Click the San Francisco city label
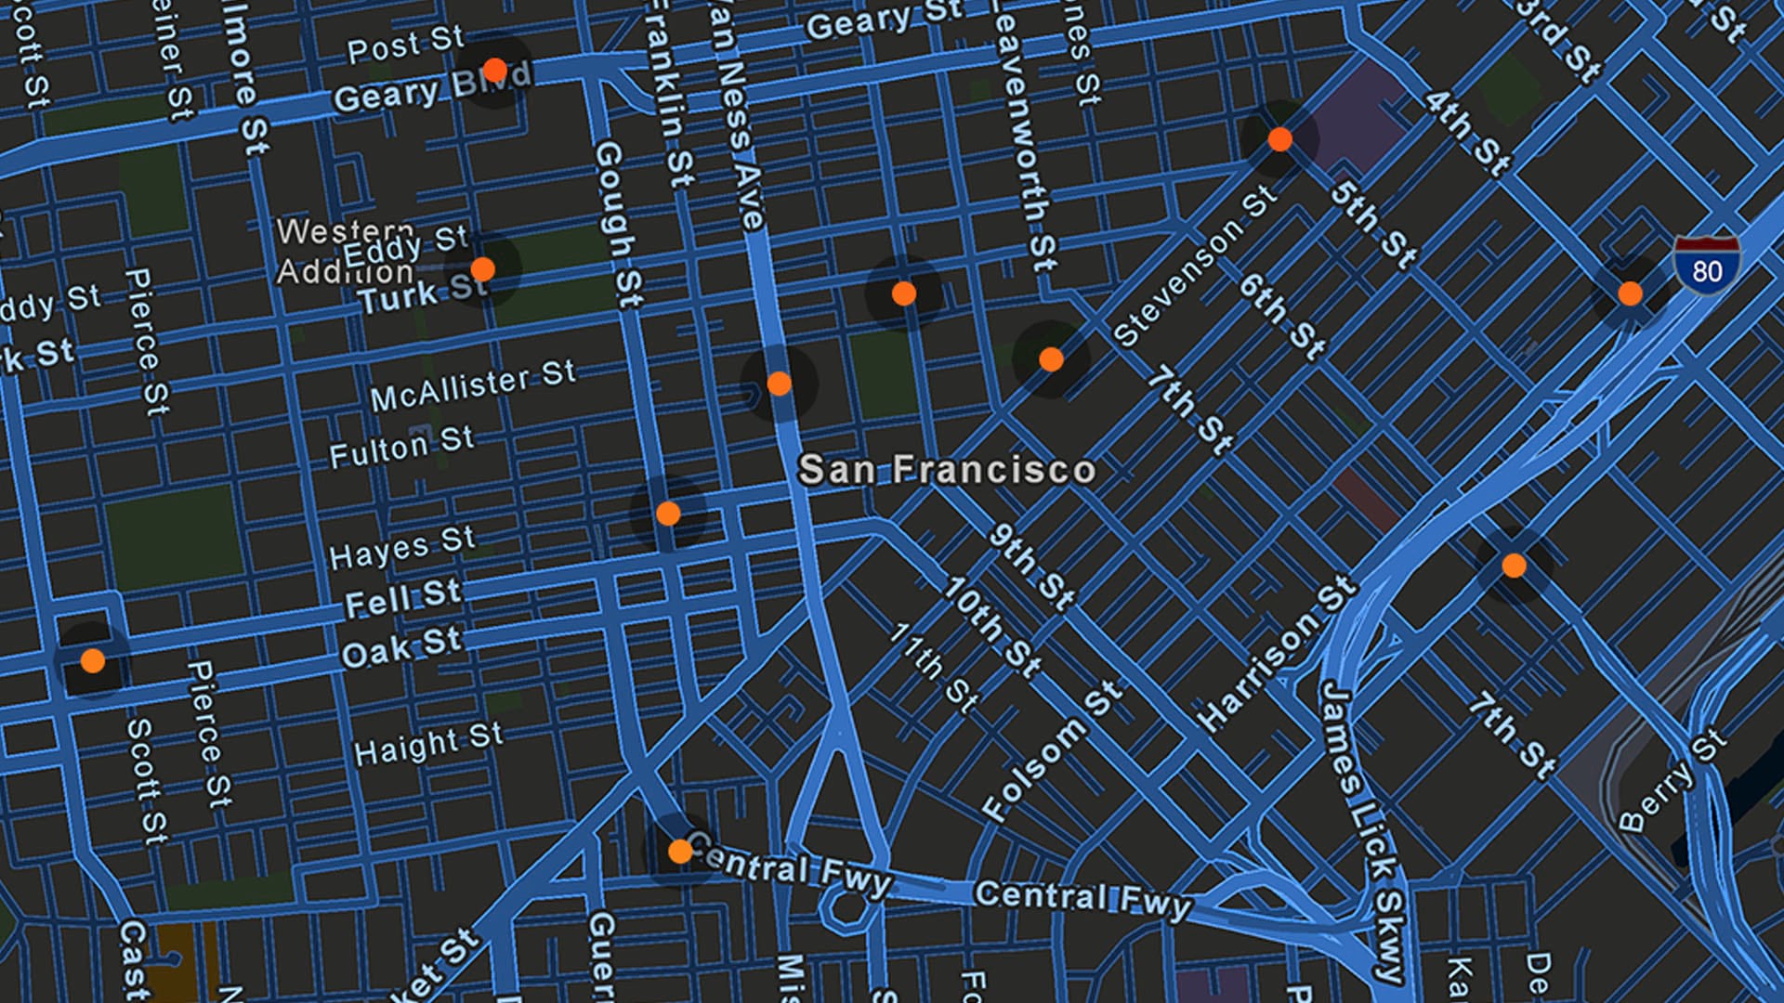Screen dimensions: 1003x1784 tap(947, 470)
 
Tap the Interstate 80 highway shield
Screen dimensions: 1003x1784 tap(1706, 266)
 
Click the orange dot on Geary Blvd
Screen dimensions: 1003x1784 tap(495, 71)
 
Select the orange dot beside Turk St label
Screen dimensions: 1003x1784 tap(483, 269)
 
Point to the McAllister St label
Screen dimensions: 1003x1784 tap(473, 385)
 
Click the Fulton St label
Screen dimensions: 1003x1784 tap(401, 446)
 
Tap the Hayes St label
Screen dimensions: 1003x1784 tap(402, 547)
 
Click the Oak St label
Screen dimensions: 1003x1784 tap(400, 646)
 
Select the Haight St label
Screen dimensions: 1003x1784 tap(428, 744)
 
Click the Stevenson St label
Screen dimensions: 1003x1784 tap(1195, 266)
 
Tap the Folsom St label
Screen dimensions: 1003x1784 tap(1052, 750)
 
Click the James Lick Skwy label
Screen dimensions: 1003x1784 tap(1362, 831)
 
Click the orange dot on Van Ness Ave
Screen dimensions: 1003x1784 tap(780, 384)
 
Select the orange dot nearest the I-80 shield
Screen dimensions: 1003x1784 tap(1630, 293)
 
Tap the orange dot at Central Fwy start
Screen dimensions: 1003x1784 tap(680, 851)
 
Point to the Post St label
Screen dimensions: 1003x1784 tap(405, 45)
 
